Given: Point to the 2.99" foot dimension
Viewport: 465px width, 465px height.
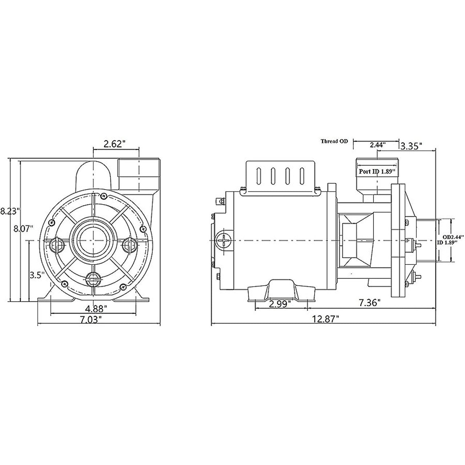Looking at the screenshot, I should [282, 304].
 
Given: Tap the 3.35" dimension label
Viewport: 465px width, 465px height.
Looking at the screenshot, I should [411, 146].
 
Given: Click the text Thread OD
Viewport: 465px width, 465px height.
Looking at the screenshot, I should [334, 141].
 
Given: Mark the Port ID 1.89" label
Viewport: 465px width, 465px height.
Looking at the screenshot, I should [376, 171].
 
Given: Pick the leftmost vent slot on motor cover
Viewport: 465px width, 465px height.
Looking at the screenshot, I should [258, 177].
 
